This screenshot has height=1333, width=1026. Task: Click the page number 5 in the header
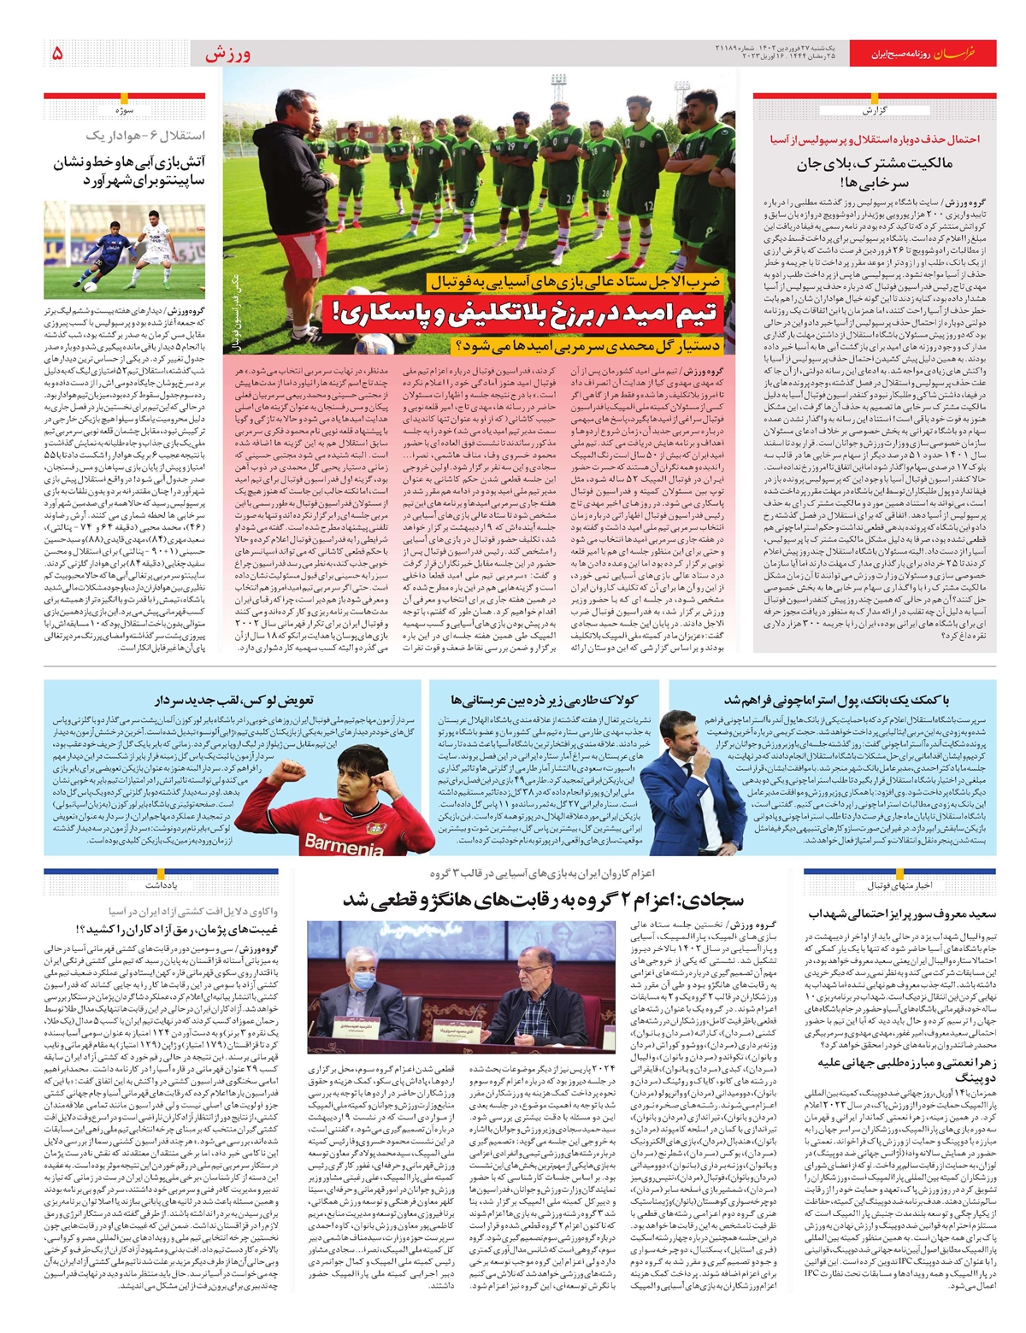point(57,54)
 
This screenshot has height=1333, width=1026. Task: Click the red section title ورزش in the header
point(227,54)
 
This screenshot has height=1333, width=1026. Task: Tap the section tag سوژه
point(125,110)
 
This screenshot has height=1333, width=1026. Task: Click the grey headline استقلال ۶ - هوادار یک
point(145,136)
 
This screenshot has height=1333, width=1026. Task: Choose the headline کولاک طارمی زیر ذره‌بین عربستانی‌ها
point(545,701)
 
